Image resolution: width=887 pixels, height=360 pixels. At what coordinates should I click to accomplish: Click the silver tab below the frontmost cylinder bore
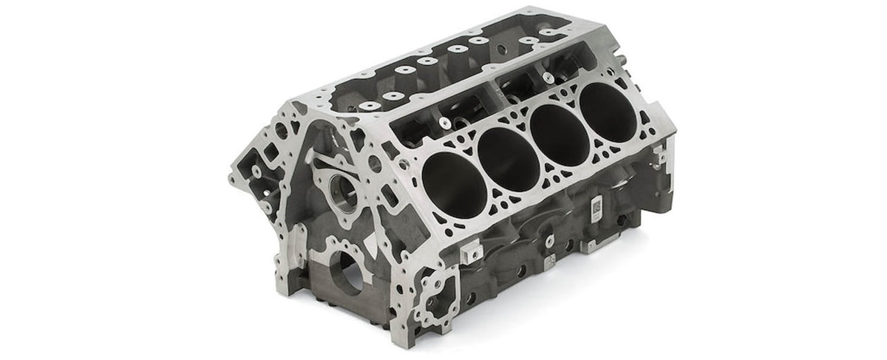(463, 252)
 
